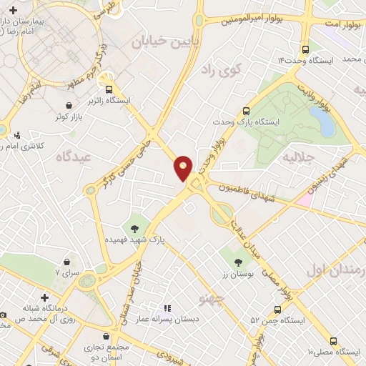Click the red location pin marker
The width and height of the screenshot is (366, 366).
click(x=184, y=167)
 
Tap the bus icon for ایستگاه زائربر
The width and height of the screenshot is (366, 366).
click(x=109, y=90)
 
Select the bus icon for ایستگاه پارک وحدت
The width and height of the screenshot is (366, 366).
click(x=246, y=112)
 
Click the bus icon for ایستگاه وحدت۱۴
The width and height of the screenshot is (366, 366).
click(x=306, y=49)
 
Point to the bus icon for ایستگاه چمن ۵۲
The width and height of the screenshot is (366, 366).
click(x=278, y=310)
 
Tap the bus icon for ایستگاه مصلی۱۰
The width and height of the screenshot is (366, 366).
click(x=333, y=341)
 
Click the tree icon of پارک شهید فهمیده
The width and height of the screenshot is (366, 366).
click(x=135, y=229)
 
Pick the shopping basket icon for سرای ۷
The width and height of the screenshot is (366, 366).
click(x=67, y=262)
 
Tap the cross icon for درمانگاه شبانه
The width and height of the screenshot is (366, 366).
click(x=44, y=297)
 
